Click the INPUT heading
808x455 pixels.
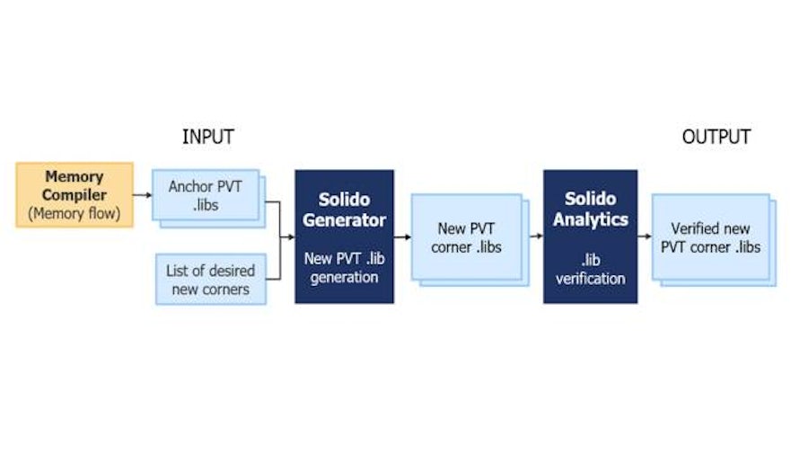tap(207, 137)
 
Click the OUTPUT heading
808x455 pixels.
tap(716, 137)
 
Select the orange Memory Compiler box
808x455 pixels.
tap(75, 194)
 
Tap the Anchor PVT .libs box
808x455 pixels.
tap(206, 195)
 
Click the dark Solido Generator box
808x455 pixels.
tap(344, 236)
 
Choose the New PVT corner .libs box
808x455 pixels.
tap(464, 237)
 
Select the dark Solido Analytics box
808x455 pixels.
tap(590, 236)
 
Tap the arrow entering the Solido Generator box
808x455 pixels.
tap(287, 237)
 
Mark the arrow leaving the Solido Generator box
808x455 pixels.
tap(402, 237)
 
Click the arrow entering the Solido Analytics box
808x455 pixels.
tap(534, 237)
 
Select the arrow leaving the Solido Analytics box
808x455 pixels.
tap(645, 237)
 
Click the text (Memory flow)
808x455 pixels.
tap(75, 213)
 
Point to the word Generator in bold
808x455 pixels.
tap(344, 219)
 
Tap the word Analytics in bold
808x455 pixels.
tap(590, 219)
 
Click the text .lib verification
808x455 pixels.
tap(590, 270)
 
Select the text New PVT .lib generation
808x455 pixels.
tap(344, 268)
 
